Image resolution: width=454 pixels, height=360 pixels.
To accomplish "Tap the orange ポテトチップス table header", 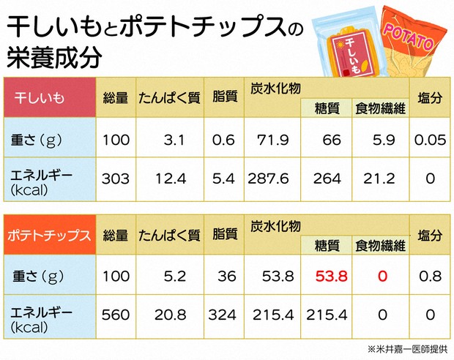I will click(49, 236).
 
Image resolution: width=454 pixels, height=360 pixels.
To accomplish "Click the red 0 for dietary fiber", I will click(381, 277).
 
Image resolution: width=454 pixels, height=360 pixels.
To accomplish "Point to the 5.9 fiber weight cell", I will click(384, 138).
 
